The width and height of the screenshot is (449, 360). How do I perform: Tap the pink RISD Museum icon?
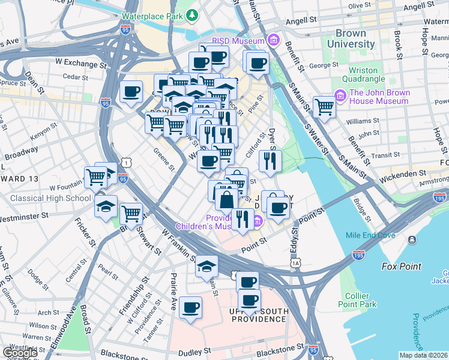pyautogui.click(x=274, y=41)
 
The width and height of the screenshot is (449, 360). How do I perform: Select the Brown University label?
pyautogui.click(x=355, y=39)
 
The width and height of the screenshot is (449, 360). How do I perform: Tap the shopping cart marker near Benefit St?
pyautogui.click(x=324, y=107)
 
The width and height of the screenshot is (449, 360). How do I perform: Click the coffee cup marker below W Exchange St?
pyautogui.click(x=131, y=92)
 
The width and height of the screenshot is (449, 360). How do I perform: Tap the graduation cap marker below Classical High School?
pyautogui.click(x=106, y=206)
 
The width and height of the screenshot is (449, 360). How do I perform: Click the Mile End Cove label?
pyautogui.click(x=370, y=235)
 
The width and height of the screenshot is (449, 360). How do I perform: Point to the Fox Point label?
pyautogui.click(x=402, y=266)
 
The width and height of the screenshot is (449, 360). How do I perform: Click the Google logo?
pyautogui.click(x=19, y=353)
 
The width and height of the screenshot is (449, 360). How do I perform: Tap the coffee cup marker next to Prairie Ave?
pyautogui.click(x=190, y=308)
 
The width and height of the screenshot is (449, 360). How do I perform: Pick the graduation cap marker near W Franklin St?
pyautogui.click(x=206, y=266)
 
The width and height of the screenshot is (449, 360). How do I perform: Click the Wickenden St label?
pyautogui.click(x=405, y=174)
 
